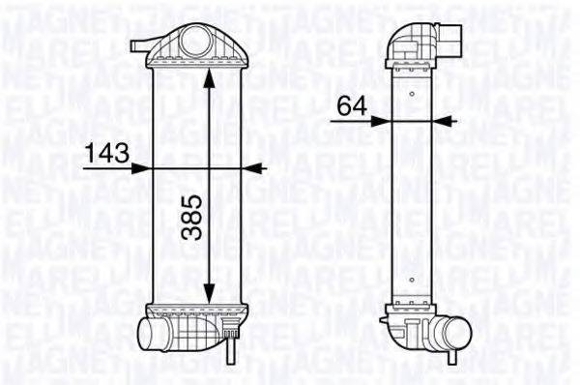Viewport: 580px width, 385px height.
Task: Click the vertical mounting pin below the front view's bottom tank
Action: (x=229, y=349)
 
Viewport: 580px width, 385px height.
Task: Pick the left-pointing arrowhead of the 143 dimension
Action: (x=254, y=167)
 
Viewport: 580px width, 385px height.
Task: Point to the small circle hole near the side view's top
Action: (x=413, y=94)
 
